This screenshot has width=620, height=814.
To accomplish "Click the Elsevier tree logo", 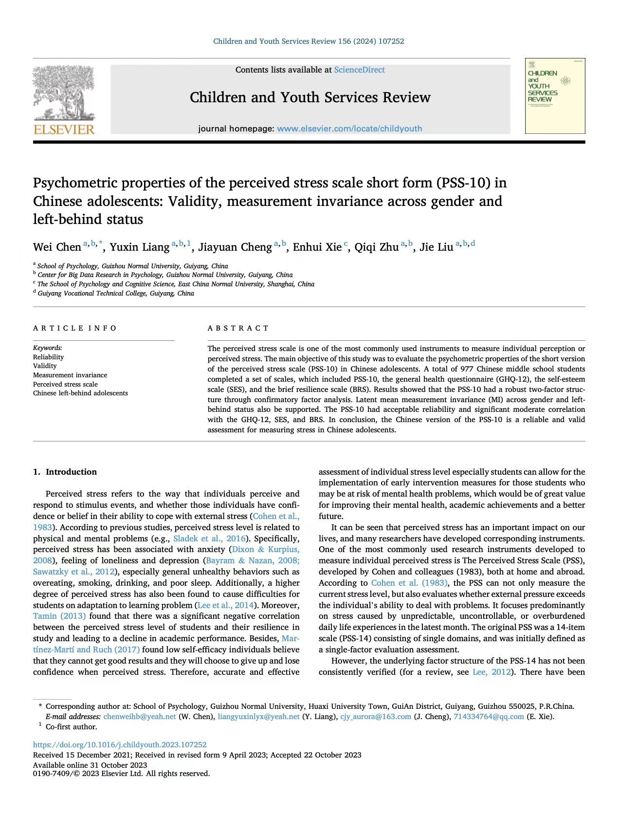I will tap(64, 93).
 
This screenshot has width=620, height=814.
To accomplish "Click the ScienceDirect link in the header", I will tap(359, 70).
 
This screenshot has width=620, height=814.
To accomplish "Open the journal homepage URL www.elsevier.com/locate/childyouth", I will tap(349, 129).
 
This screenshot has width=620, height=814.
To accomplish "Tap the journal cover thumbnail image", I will tap(555, 96).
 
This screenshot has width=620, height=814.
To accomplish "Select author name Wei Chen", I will tap(57, 247).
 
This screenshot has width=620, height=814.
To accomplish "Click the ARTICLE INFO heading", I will tap(75, 328).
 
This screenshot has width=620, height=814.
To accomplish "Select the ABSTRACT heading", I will tap(238, 328).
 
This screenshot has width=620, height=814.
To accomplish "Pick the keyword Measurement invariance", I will tap(70, 375).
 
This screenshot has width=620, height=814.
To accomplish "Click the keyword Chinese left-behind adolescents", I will tap(80, 393).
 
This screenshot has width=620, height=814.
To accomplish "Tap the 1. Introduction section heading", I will tap(65, 472).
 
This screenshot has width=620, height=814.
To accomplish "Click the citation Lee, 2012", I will tap(492, 672).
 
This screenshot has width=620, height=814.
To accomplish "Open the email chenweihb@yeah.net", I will tap(140, 717).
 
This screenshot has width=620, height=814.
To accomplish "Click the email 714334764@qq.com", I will tap(489, 717).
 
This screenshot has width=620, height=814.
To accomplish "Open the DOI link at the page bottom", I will tap(120, 745).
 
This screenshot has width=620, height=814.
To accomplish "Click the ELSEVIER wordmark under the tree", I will tap(64, 129).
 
